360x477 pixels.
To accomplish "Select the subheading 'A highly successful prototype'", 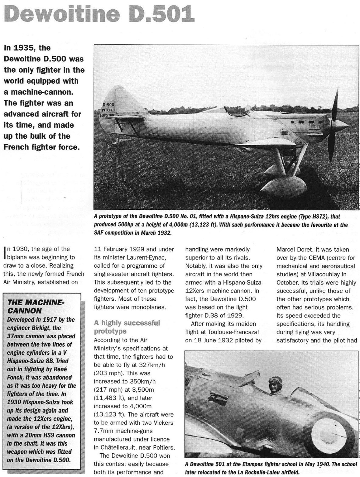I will tap(127, 327).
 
